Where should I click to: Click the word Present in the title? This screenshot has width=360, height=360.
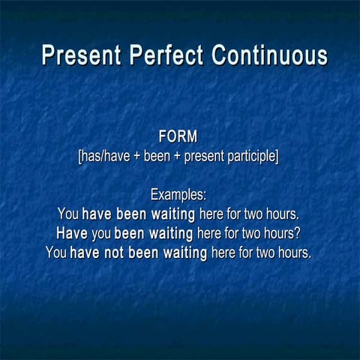click(x=82, y=56)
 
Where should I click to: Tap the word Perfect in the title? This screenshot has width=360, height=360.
click(x=168, y=56)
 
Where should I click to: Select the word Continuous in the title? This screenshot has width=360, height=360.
click(x=269, y=56)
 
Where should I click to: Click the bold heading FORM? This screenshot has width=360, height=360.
click(x=178, y=137)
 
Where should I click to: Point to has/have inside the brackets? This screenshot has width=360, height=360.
click(x=106, y=157)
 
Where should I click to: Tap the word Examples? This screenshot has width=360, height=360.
click(x=178, y=195)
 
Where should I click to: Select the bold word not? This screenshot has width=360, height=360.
click(x=114, y=253)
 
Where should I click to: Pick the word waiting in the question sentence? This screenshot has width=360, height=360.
click(x=169, y=232)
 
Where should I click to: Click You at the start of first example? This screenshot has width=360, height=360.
click(x=67, y=214)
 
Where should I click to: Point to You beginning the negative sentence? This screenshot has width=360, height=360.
click(x=56, y=253)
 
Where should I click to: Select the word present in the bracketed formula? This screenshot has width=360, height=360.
click(x=205, y=157)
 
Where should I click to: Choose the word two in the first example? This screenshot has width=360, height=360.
click(x=256, y=214)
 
